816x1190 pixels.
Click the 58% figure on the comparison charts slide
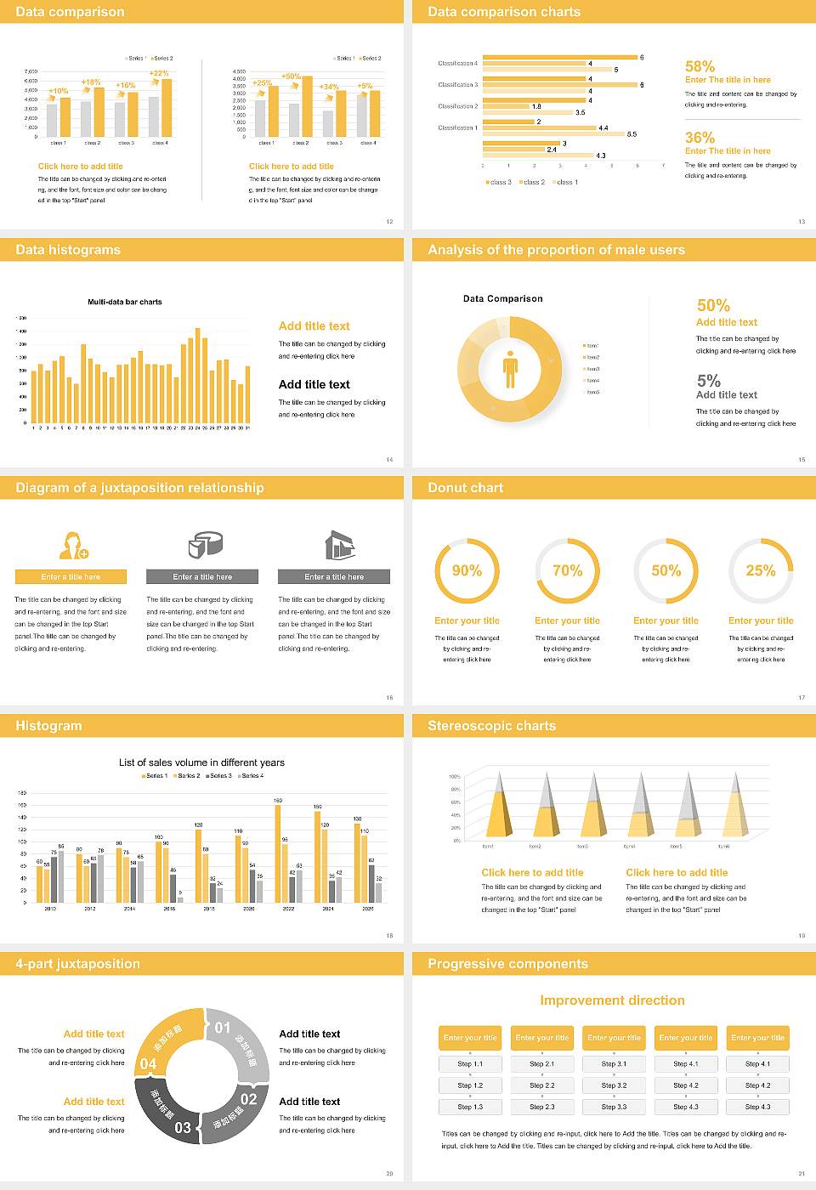point(700,66)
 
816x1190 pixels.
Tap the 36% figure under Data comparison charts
point(700,138)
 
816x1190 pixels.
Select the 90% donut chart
point(467,570)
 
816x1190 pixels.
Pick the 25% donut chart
point(761,570)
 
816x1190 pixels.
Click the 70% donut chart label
point(568,570)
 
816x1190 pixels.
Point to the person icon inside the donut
point(510,369)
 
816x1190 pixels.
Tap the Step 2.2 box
point(542,1085)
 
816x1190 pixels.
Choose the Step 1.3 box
point(470,1107)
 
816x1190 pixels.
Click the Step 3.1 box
point(614,1064)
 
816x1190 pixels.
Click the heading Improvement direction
point(612,1000)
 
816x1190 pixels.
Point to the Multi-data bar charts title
point(125,302)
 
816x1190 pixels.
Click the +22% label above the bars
point(159,74)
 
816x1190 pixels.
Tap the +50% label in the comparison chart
point(291,76)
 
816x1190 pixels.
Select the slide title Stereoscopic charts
point(491,726)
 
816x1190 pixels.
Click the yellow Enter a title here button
point(71,577)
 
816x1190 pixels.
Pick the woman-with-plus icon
point(74,545)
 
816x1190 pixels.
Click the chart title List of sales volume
point(201,762)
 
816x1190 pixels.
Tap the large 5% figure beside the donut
point(708,381)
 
